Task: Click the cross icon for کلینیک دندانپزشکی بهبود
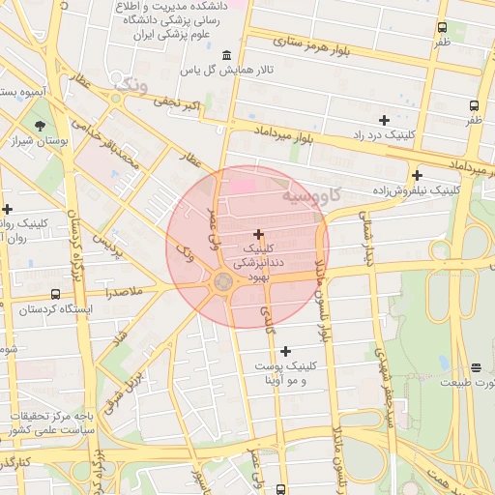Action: (258, 234)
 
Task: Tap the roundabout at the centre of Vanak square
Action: (222, 282)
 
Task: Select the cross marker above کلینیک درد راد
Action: (384, 120)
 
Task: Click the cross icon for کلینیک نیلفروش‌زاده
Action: (417, 175)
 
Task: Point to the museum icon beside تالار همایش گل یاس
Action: (226, 54)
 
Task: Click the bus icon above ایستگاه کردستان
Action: (54, 294)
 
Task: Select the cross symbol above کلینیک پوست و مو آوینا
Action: (284, 351)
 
